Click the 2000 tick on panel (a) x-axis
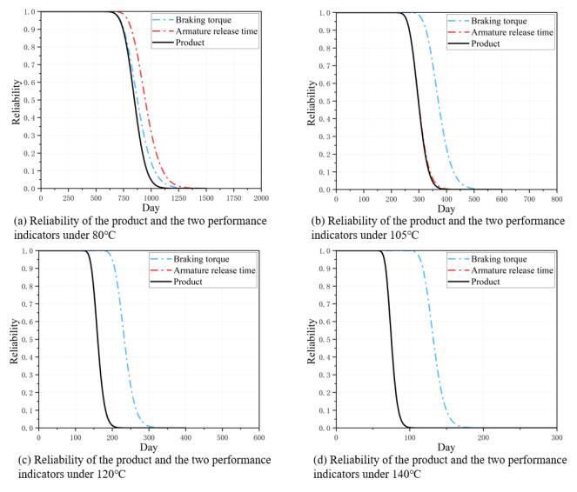click(x=266, y=198)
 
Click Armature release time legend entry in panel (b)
click(x=511, y=32)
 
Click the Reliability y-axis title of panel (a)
click(x=10, y=100)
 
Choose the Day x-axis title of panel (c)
click(x=150, y=447)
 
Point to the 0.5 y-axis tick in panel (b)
click(x=326, y=100)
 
